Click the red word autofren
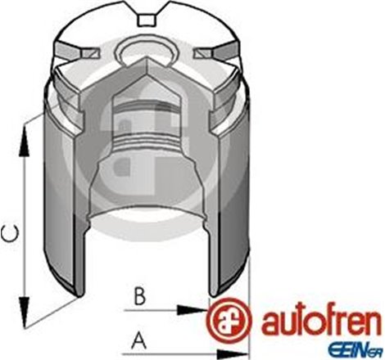point(315,322)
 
